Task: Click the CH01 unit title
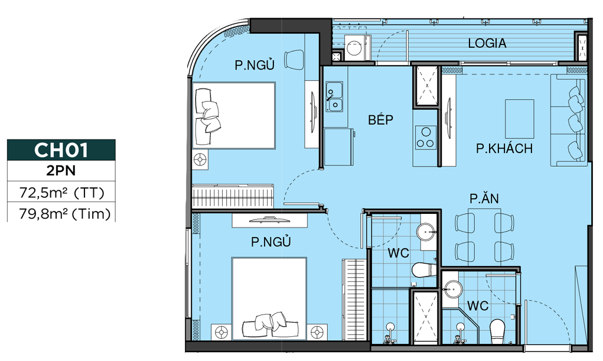(61, 150)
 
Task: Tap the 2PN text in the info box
(61, 171)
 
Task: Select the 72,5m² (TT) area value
(62, 192)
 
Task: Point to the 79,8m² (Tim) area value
(64, 213)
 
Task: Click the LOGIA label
(487, 43)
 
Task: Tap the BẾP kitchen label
(381, 119)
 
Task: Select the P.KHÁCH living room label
(504, 148)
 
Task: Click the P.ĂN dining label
(484, 198)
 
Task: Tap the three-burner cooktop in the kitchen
(425, 138)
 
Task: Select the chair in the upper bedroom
(294, 59)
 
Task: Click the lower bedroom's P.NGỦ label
(270, 242)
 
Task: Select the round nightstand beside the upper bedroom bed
(200, 160)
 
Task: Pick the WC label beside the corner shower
(478, 305)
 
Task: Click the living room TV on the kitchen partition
(448, 117)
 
